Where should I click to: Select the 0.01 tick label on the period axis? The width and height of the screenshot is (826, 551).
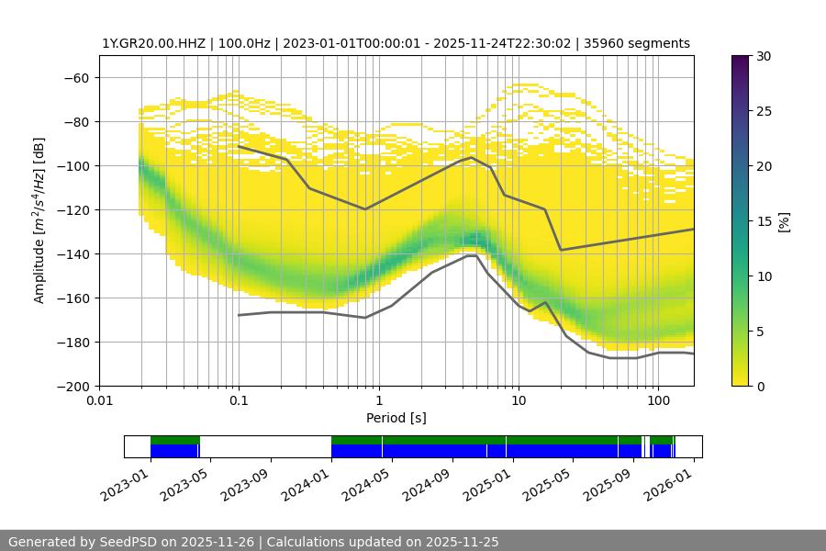[99, 400]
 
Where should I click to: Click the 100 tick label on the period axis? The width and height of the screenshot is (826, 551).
[657, 400]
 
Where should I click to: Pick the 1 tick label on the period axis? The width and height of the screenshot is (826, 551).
[378, 400]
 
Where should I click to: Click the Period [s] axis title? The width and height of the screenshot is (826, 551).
[396, 418]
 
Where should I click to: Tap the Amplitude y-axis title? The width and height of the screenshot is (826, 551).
[39, 220]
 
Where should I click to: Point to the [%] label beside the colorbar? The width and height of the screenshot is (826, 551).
[783, 220]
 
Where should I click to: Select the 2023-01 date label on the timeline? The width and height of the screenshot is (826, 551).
[124, 484]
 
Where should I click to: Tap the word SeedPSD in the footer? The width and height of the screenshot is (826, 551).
[126, 542]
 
